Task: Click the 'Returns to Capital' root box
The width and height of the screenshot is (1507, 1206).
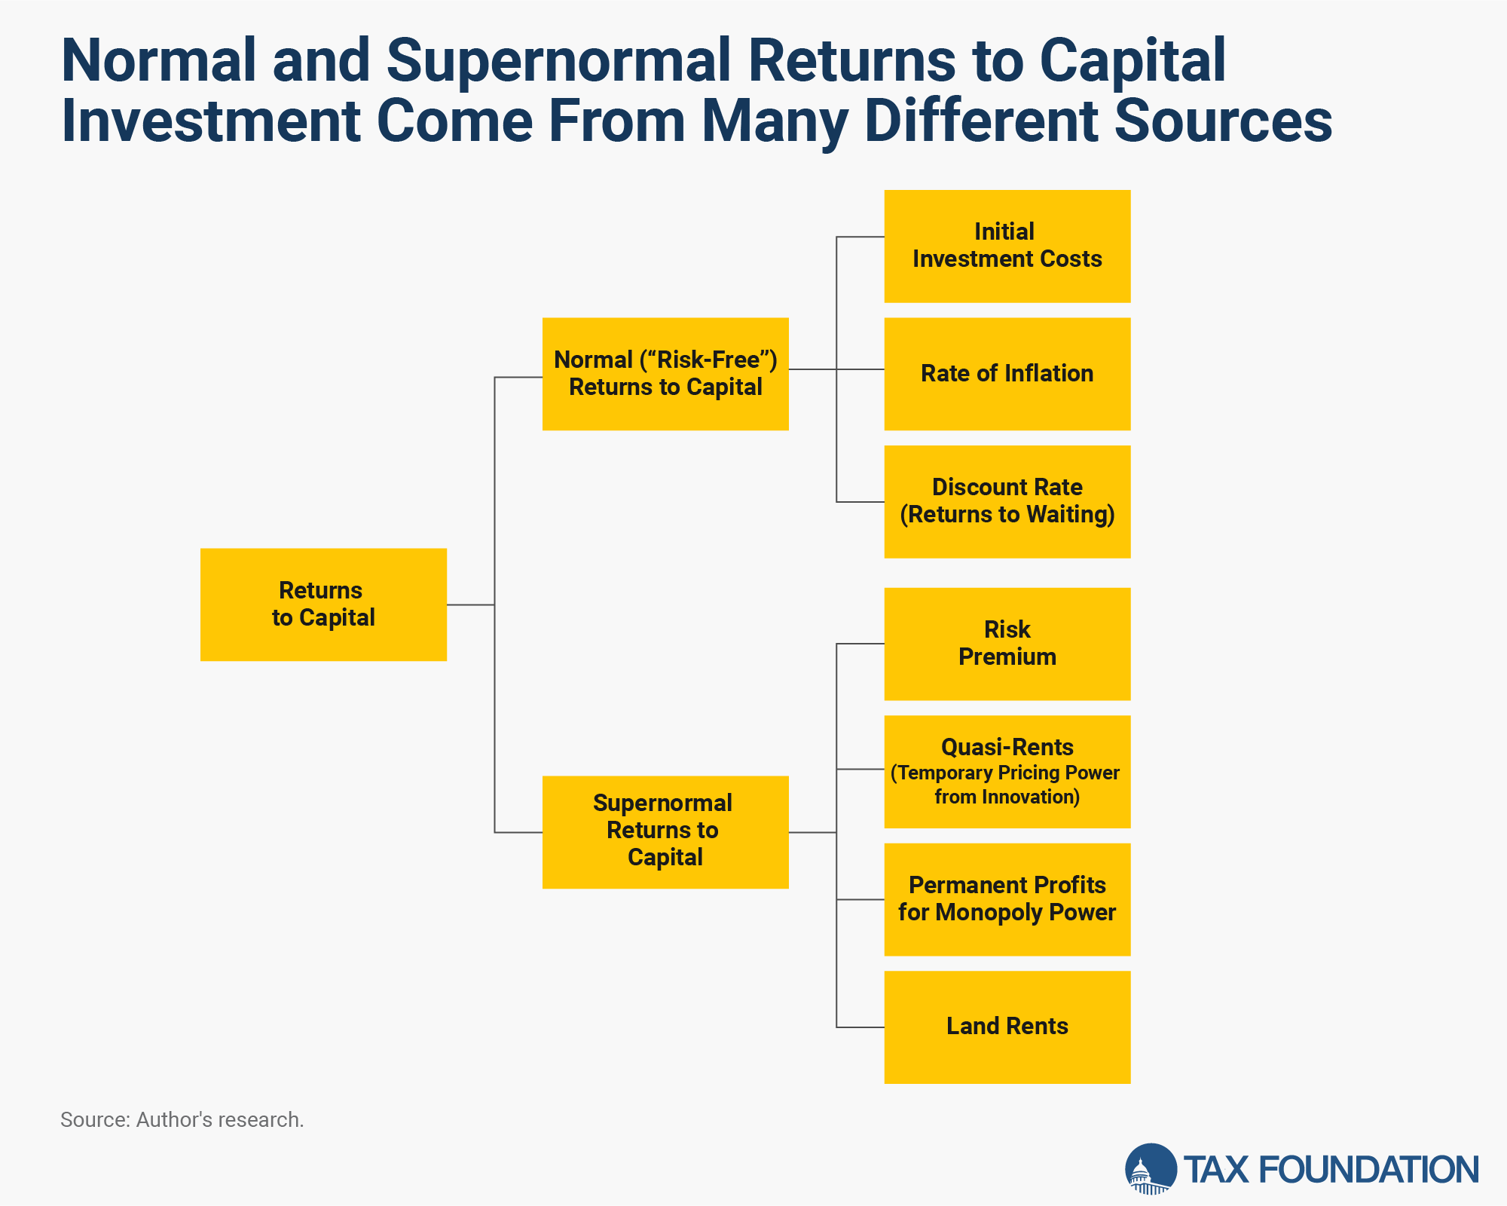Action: pos(323,605)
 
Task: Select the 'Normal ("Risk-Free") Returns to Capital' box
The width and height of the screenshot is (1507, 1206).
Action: pos(665,374)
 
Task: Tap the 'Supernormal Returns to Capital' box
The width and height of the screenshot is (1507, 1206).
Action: pos(665,832)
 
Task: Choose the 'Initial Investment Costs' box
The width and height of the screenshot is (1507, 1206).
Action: pos(1007,246)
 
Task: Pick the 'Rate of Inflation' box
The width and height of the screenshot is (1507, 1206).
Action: pos(1007,374)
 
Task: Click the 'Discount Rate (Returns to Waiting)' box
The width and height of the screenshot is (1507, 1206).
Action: pos(1007,502)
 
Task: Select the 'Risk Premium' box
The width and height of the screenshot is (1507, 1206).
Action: pos(1007,644)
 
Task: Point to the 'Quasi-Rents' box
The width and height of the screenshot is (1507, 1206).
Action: pos(1007,772)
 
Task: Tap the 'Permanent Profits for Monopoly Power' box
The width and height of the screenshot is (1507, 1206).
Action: pos(1007,900)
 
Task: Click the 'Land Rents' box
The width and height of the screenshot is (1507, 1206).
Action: pos(1007,1027)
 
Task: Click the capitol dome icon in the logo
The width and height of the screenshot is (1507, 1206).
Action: pos(1151,1169)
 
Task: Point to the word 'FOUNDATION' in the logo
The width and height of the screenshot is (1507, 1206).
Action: pos(1368,1170)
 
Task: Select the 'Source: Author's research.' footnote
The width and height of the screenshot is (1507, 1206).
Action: pos(182,1120)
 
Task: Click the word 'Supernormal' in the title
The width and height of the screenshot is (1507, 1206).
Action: pos(558,60)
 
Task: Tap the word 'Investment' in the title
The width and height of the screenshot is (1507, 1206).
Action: pos(212,121)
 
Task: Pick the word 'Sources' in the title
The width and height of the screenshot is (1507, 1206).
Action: pos(1223,121)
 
